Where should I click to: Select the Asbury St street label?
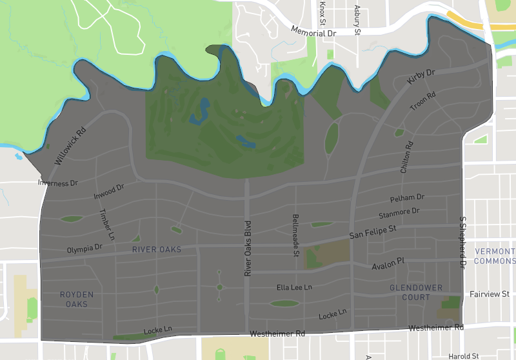[357, 17]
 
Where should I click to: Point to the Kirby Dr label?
[422, 77]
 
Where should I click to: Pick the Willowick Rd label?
[70, 146]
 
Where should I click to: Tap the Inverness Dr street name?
[57, 183]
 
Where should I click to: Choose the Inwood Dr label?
[108, 192]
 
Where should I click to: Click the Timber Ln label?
[106, 223]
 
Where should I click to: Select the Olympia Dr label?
[84, 248]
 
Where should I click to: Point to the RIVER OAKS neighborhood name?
[157, 249]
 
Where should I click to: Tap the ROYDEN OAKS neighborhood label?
[77, 299]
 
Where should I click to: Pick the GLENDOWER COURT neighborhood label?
[416, 293]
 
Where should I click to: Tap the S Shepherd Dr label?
[462, 241]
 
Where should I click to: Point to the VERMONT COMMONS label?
[495, 256]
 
